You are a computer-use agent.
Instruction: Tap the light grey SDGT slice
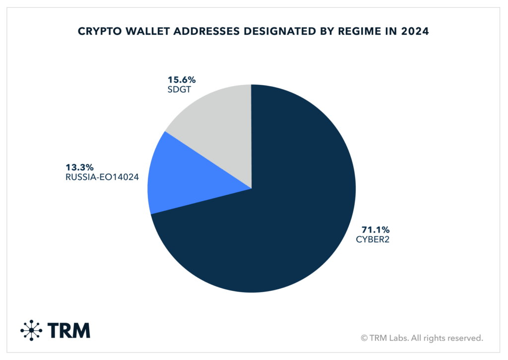(218, 124)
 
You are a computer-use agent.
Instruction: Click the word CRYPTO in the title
(98, 31)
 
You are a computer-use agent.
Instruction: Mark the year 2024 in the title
(415, 31)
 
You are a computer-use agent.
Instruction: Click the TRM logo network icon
(32, 330)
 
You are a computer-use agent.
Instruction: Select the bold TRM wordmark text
(69, 330)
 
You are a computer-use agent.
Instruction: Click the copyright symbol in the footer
(365, 338)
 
